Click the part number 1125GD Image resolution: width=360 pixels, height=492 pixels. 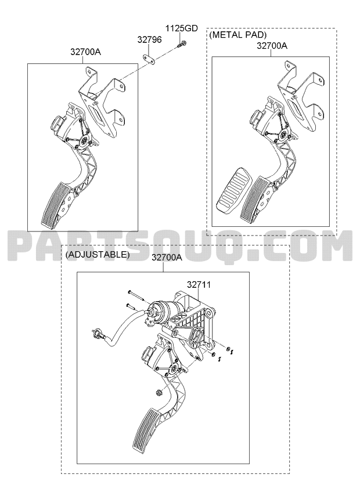click(182, 28)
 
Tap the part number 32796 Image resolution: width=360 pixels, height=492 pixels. click(150, 39)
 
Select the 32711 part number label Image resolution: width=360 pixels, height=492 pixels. click(199, 285)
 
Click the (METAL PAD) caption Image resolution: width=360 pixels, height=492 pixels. click(238, 34)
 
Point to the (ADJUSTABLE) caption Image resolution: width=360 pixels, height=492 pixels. click(98, 254)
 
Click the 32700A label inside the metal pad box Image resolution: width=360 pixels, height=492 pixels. click(272, 46)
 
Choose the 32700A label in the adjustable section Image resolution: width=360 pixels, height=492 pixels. click(167, 258)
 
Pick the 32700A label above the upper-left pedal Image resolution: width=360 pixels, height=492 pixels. click(85, 52)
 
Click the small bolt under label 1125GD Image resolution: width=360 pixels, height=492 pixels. click(181, 44)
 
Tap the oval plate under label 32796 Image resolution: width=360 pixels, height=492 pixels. click(150, 59)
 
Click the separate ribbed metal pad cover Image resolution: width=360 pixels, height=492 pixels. click(232, 190)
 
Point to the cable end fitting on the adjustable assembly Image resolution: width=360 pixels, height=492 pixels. click(97, 334)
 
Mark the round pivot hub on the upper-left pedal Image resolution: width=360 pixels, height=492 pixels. click(83, 141)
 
